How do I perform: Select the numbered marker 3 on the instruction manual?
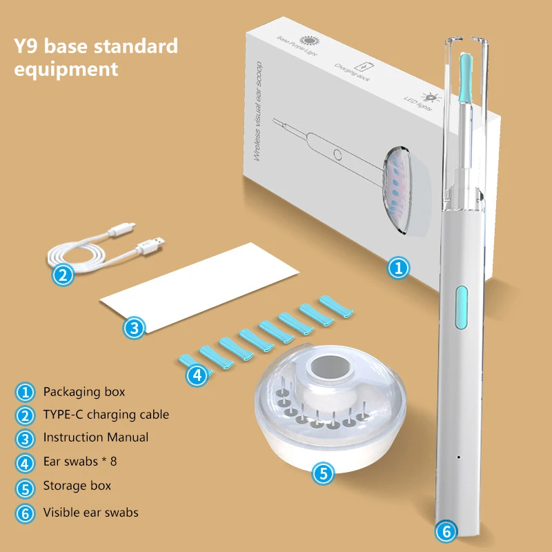click(134, 327)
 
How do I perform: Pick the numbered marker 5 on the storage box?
click(323, 473)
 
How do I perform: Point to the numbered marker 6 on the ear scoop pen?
click(446, 532)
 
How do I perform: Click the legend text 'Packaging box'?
click(84, 392)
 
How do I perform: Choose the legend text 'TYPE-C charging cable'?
click(106, 415)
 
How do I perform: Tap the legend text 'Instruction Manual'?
click(95, 437)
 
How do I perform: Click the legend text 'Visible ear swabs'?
click(90, 512)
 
